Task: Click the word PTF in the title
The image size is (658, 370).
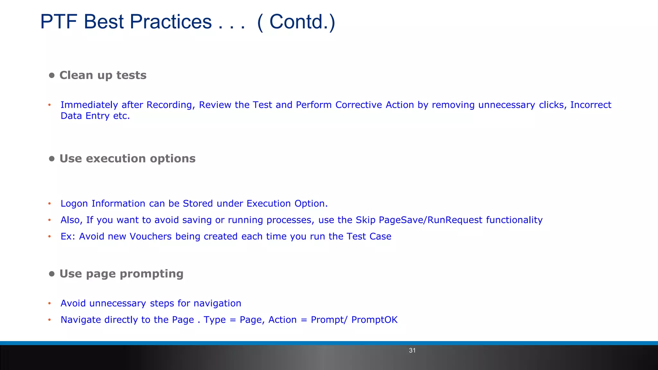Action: click(x=59, y=22)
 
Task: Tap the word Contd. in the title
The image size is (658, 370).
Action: click(x=297, y=22)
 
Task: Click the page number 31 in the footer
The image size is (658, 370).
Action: click(x=412, y=350)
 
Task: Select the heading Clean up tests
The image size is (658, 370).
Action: click(x=103, y=75)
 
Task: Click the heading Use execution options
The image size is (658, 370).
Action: click(x=127, y=159)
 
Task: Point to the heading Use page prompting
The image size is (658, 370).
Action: click(x=121, y=274)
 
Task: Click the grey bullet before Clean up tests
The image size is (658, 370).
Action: click(x=52, y=75)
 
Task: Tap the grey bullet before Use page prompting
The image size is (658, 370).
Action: click(x=52, y=274)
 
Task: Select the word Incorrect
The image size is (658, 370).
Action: click(x=591, y=105)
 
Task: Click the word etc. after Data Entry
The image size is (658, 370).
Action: click(x=121, y=116)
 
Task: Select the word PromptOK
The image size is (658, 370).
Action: click(x=374, y=320)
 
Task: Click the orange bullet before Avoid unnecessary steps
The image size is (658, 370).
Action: click(x=49, y=303)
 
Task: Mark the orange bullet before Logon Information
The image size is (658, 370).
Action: click(x=49, y=204)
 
